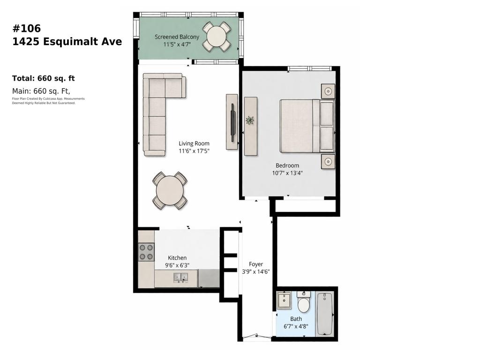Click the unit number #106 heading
point(26,28)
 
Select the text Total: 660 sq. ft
point(43,78)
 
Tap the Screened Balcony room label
point(177,37)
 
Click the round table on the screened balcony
point(217,36)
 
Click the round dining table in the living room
point(170,190)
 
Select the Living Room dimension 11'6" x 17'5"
point(194,151)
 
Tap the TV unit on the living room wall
point(232,122)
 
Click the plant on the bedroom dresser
point(250,120)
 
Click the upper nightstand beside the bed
point(328,91)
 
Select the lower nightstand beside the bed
point(328,162)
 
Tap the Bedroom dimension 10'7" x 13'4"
point(287,172)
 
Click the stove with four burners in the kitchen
point(146,252)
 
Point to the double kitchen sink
point(180,278)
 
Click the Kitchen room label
point(177,258)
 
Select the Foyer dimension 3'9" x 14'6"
point(255,271)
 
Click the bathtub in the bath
point(325,313)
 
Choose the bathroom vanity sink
point(284,300)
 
